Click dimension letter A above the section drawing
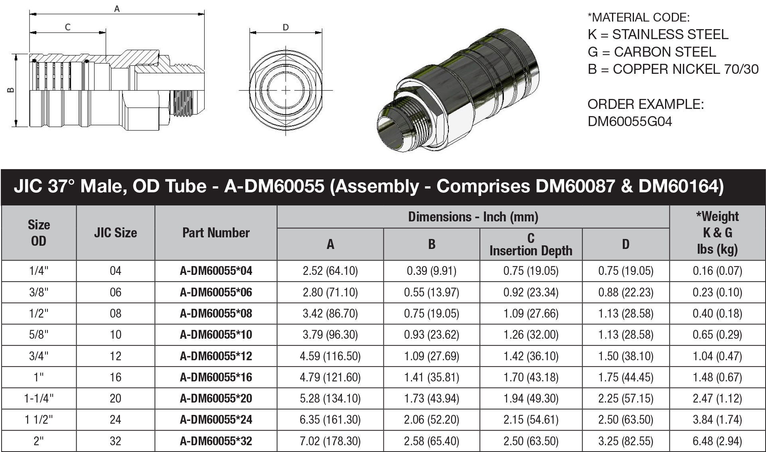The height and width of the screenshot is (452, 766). (117, 8)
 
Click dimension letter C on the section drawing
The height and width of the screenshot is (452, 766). (67, 27)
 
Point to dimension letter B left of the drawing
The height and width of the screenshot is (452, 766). (11, 90)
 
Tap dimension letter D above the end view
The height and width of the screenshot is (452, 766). (286, 27)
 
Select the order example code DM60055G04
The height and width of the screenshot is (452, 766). (630, 121)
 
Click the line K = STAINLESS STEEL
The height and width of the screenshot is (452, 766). (658, 35)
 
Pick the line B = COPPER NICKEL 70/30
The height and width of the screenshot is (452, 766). (673, 69)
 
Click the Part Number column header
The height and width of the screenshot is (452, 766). (216, 233)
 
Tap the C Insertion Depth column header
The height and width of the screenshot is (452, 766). (531, 244)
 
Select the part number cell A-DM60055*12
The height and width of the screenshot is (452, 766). (216, 356)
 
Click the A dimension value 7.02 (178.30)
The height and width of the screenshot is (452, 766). (330, 441)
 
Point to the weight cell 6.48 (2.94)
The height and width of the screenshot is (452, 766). (717, 441)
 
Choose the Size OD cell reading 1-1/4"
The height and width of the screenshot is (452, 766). (39, 399)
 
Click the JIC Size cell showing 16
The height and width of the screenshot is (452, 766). (115, 377)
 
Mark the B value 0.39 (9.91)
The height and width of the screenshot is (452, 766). (431, 271)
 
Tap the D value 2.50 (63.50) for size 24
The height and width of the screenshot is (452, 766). (626, 420)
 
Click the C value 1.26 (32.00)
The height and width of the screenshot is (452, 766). (531, 335)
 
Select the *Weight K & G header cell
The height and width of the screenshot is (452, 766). (717, 233)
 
